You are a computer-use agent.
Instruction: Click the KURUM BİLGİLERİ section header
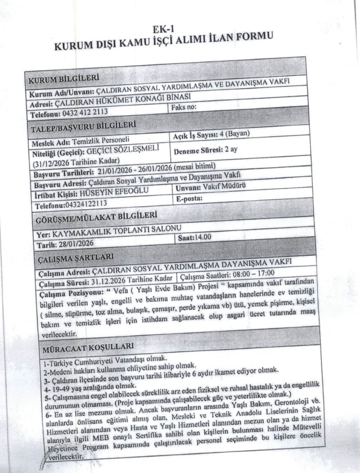coord(63,79)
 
